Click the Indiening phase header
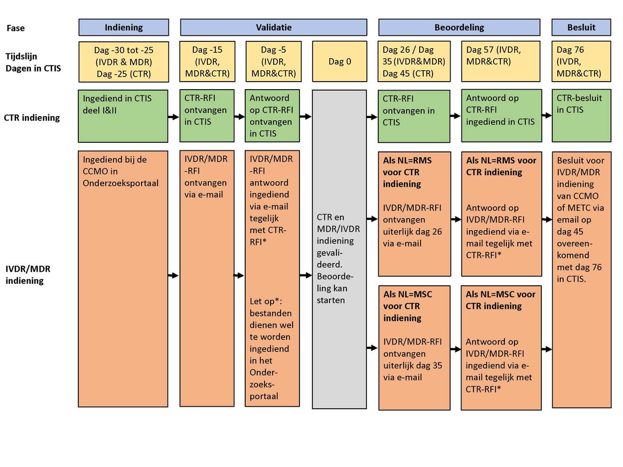tap(124, 27)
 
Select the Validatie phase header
tap(274, 27)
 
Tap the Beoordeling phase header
tap(459, 27)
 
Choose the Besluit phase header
tap(581, 27)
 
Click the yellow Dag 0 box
tap(340, 61)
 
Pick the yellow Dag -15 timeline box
tap(207, 61)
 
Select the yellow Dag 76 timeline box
tap(581, 61)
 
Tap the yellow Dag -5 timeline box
tap(274, 61)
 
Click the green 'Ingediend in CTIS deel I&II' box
tap(123, 116)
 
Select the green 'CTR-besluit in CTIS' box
tap(582, 116)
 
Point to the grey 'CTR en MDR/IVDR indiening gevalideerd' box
tap(339, 249)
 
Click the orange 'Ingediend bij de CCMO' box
tap(123, 279)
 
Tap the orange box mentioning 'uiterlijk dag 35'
tap(414, 348)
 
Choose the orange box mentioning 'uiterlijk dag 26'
tap(414, 214)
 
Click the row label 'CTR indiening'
tap(32, 117)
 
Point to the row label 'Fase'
tap(15, 28)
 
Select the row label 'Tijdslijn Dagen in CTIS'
tap(33, 62)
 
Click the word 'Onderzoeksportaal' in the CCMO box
tap(121, 183)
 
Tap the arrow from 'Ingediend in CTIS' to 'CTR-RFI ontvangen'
tap(173, 117)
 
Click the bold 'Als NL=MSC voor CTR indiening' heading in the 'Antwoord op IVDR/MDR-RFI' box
tap(500, 300)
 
